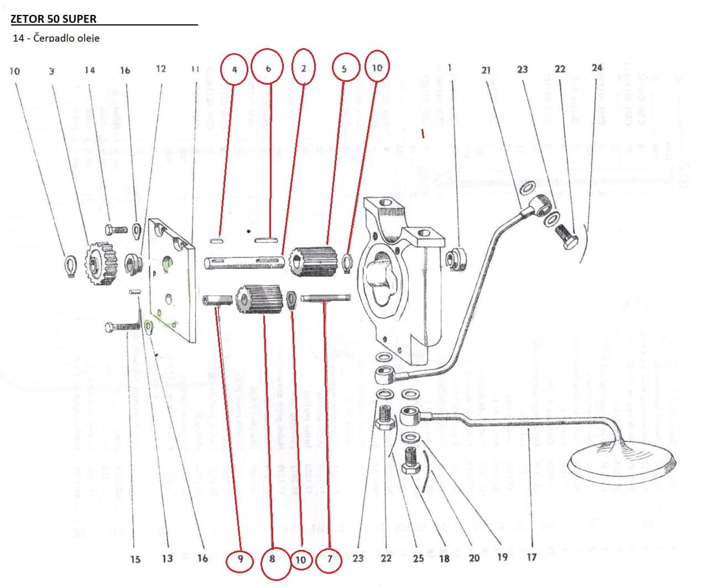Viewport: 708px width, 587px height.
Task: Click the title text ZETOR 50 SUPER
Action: [54, 19]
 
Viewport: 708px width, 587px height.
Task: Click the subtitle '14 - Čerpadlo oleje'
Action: [56, 38]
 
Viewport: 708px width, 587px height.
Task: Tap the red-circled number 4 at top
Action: [235, 69]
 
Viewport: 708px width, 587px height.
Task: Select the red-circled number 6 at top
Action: [268, 69]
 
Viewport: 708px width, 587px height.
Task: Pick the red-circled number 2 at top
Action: [304, 68]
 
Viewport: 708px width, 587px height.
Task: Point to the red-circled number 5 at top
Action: [344, 69]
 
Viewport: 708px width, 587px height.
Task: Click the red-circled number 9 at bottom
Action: [240, 559]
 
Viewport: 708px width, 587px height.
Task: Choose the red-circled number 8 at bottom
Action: [272, 559]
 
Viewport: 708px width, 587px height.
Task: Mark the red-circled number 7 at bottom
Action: [330, 559]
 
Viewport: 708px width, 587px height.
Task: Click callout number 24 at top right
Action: [596, 68]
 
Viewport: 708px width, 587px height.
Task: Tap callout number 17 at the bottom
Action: [531, 557]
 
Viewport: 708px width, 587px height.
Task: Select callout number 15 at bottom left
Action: [136, 559]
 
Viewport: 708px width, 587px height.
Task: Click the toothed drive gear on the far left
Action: [102, 265]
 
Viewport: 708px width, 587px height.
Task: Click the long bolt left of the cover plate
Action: [122, 328]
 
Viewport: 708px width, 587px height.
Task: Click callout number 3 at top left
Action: [51, 71]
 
